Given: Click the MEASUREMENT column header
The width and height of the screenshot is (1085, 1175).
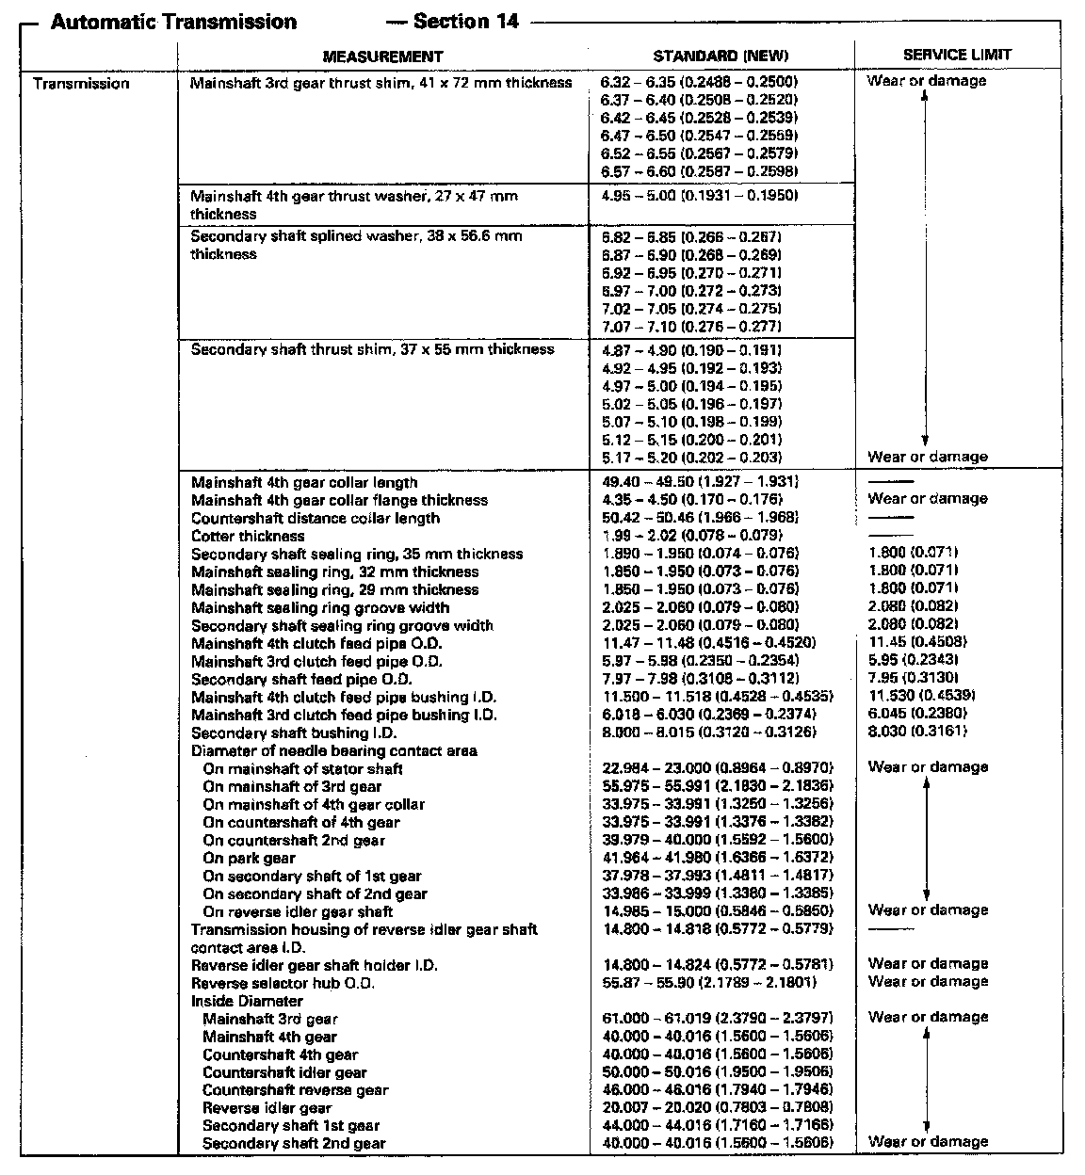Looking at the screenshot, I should (382, 56).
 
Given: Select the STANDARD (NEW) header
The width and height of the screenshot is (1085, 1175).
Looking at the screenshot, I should (721, 56).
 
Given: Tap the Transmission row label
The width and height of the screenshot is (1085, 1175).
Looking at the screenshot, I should (81, 84).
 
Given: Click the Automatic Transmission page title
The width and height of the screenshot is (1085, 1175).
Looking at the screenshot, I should (173, 22).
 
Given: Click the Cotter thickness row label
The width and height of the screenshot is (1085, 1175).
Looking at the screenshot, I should (248, 536).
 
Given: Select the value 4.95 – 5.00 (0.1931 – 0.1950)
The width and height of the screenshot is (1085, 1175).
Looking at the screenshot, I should (700, 196).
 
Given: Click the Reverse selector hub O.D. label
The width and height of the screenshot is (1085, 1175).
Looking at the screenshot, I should (283, 983).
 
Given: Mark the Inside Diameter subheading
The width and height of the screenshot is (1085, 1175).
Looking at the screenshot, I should (247, 1001).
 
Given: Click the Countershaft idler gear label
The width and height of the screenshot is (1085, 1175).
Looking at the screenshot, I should (284, 1072).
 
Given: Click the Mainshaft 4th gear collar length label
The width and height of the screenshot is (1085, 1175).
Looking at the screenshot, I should (304, 482).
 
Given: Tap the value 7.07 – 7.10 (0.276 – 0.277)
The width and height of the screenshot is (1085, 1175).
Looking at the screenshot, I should (690, 327).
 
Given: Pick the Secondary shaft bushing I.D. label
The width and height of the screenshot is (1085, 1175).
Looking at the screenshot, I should (294, 732).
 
